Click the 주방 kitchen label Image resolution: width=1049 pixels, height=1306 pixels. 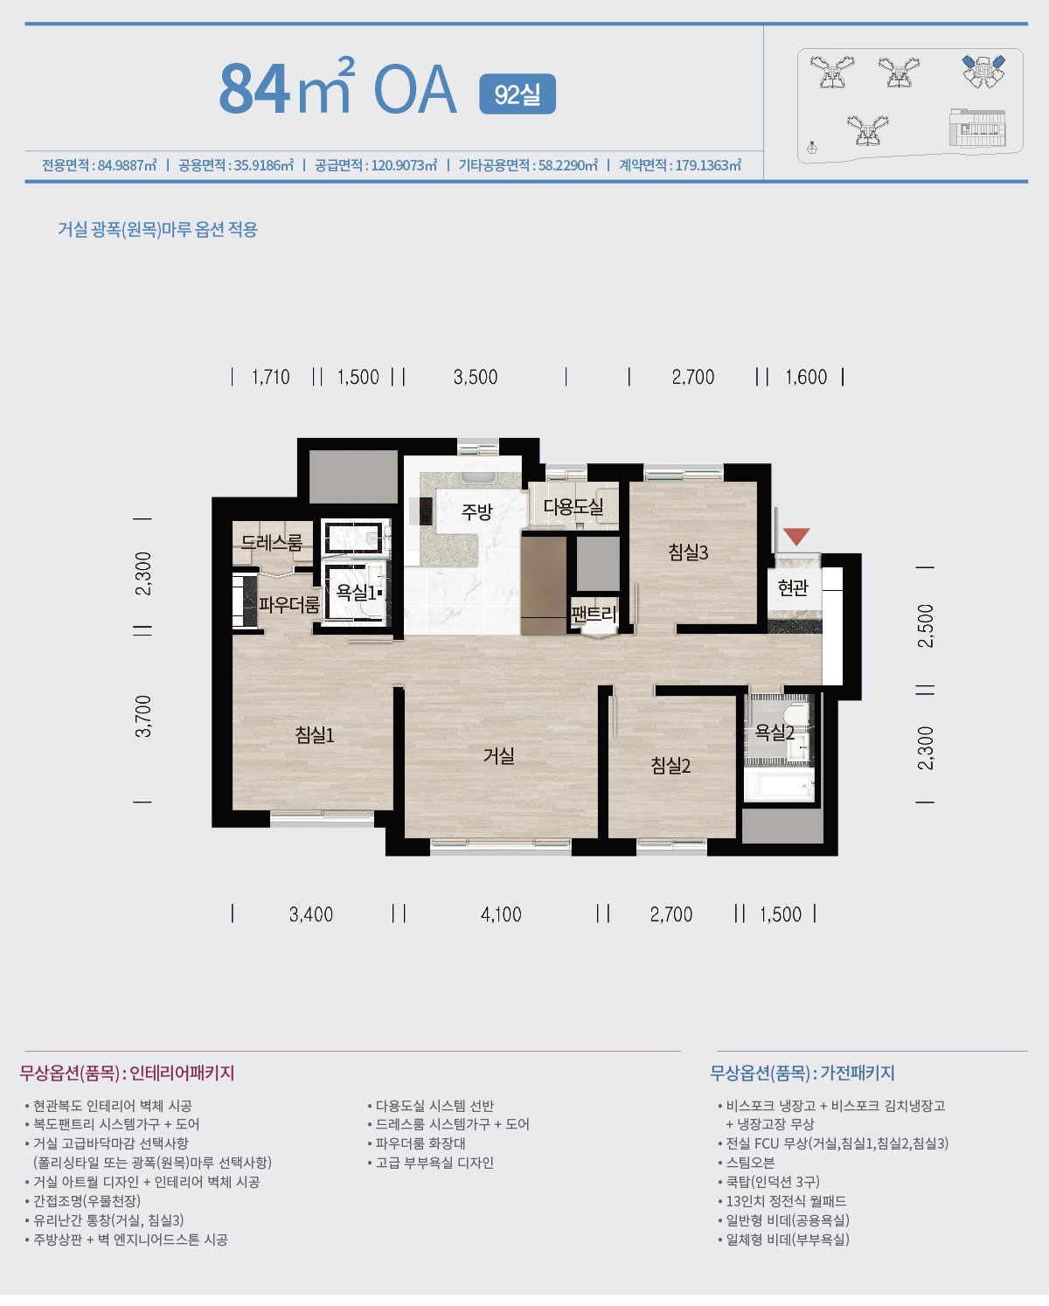(477, 511)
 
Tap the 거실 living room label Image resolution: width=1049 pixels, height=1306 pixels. (499, 755)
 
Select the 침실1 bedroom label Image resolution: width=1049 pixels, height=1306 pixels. (315, 735)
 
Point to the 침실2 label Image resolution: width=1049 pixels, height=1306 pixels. (670, 765)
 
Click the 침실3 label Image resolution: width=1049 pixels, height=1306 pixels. (689, 552)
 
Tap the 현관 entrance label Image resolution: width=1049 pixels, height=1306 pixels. (793, 587)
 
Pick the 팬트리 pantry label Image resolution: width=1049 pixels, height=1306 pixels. (594, 615)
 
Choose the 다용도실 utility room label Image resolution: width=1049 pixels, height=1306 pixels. (573, 506)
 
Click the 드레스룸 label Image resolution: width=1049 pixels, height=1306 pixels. (271, 542)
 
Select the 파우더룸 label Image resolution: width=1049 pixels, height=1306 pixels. (289, 604)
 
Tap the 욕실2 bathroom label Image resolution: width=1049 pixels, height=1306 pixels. (775, 733)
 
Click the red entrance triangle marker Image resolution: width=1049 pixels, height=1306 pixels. (795, 537)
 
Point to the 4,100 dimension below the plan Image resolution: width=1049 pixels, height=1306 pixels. (501, 914)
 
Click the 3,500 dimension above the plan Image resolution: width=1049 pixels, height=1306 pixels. (476, 378)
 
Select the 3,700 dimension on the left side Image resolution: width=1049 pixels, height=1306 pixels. (143, 716)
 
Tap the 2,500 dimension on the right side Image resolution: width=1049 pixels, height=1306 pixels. (925, 626)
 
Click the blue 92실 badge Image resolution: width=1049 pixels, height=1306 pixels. (518, 94)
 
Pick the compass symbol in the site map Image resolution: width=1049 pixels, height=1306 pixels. (811, 148)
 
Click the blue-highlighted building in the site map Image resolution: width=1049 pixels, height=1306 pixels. (983, 71)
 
